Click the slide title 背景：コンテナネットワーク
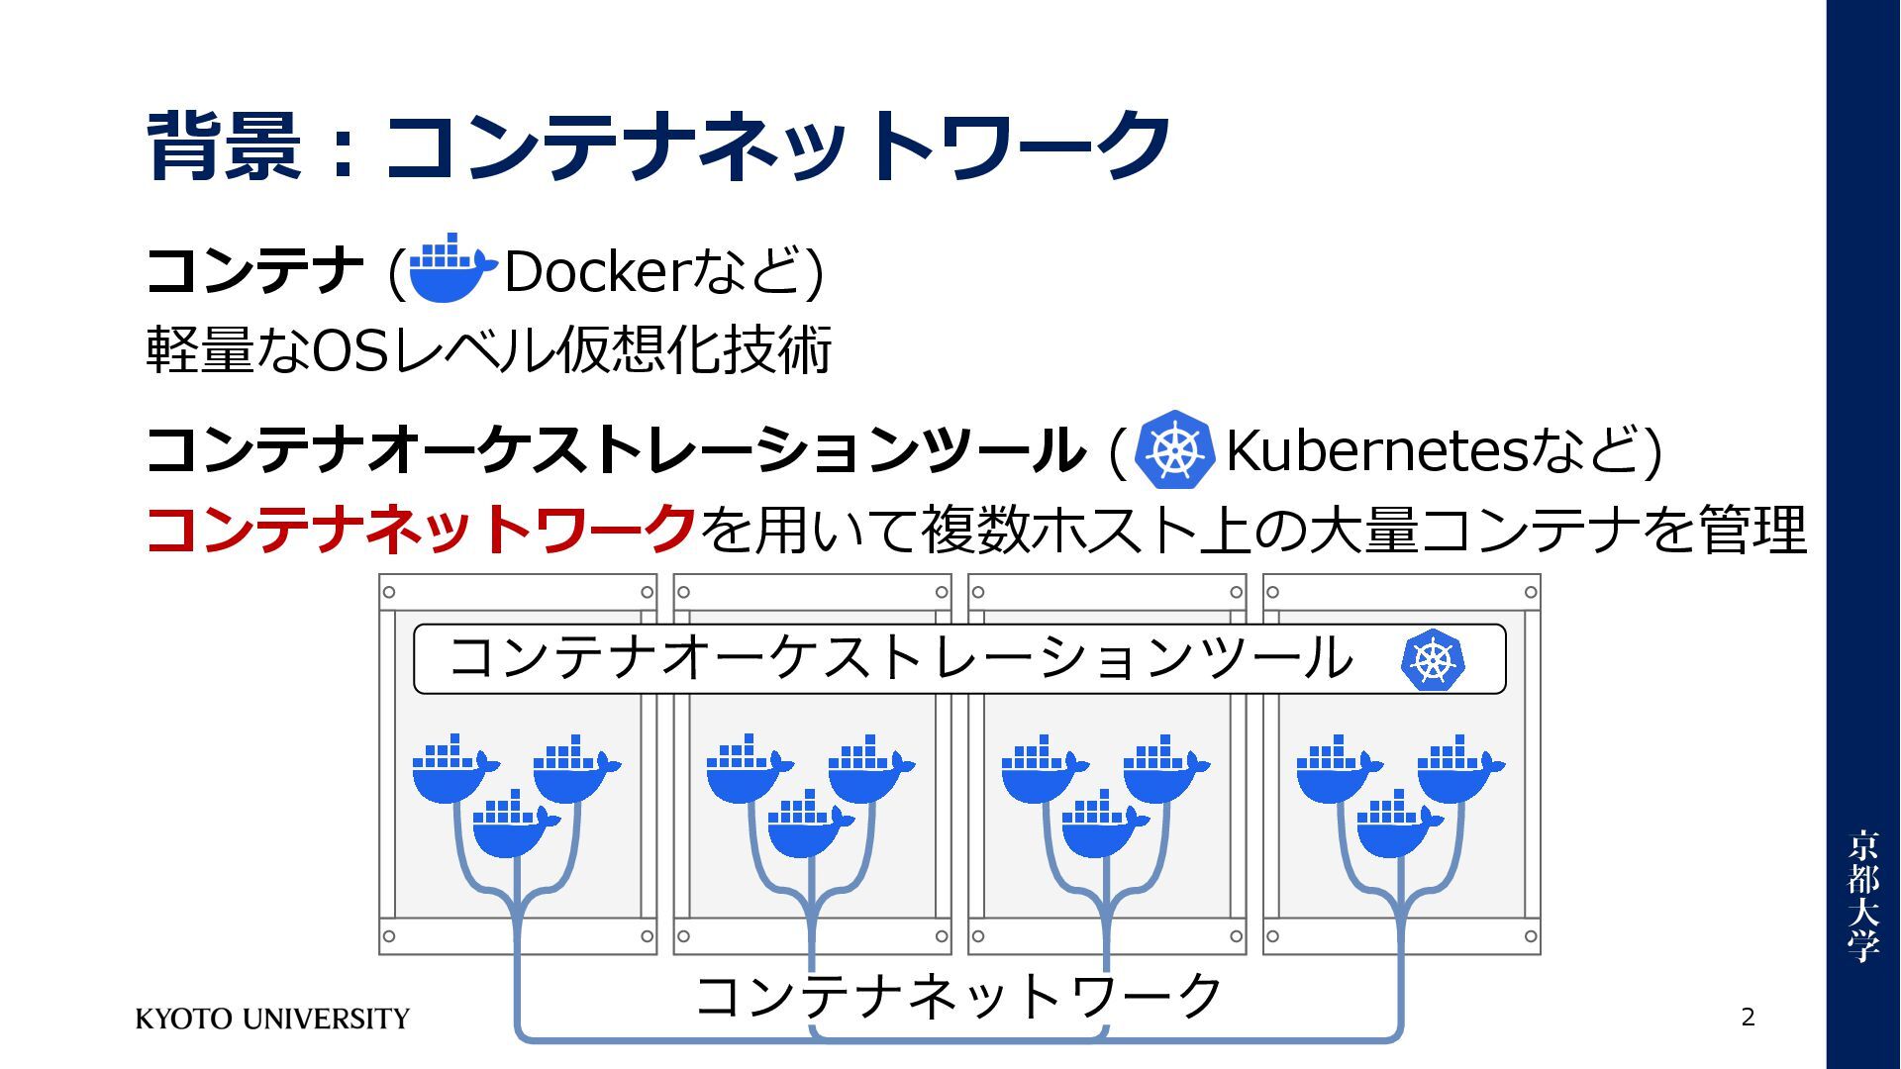point(658,146)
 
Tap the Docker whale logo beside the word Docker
point(450,268)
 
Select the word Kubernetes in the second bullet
point(1377,451)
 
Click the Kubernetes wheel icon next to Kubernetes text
point(1174,450)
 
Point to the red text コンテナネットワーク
point(421,529)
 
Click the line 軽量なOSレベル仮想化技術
point(488,349)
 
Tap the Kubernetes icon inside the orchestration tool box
point(1432,660)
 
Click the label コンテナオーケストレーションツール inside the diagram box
point(900,658)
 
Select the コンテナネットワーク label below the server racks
point(958,996)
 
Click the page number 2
point(1748,1017)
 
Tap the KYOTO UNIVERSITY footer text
point(272,1019)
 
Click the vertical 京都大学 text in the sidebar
point(1862,896)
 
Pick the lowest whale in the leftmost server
point(512,826)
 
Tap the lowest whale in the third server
point(1101,826)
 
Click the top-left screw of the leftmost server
point(389,592)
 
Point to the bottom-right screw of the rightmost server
point(1531,936)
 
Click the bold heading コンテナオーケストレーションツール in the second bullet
point(614,451)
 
